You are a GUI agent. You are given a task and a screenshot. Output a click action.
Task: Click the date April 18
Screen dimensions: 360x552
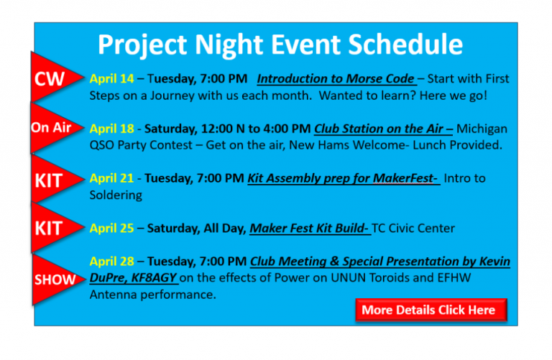pyautogui.click(x=111, y=129)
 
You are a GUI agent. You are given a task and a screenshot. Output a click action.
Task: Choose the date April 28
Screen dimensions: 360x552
pyautogui.click(x=111, y=262)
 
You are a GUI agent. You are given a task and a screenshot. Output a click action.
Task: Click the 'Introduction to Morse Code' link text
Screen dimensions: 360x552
pyautogui.click(x=335, y=78)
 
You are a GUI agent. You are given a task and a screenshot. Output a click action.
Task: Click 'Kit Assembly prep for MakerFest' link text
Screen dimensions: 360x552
pyautogui.click(x=343, y=178)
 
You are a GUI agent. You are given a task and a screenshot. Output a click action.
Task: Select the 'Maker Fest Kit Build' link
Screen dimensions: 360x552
pyautogui.click(x=309, y=229)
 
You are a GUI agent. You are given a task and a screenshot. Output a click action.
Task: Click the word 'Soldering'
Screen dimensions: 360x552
pyautogui.click(x=116, y=195)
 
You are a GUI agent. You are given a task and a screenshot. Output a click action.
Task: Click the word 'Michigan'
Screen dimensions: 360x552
pyautogui.click(x=482, y=129)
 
